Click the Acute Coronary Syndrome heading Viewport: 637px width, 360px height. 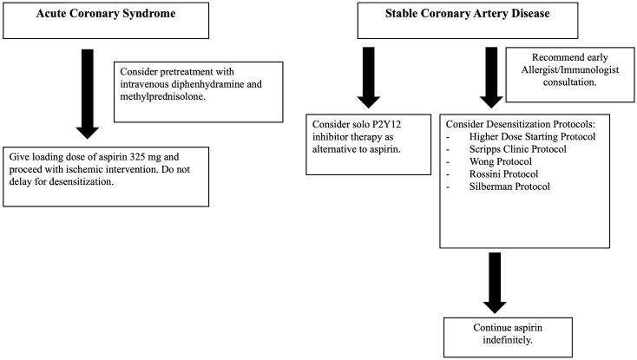106,13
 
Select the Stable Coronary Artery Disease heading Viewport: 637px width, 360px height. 467,13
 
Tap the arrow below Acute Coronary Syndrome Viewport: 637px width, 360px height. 88,95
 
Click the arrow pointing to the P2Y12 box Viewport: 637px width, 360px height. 369,77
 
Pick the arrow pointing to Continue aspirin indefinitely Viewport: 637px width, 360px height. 495,283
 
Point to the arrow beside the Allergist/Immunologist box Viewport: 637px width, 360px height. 491,77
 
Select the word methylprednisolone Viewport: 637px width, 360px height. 161,96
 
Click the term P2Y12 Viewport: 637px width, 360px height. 387,124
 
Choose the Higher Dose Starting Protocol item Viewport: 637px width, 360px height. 532,137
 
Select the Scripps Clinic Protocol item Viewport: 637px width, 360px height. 517,149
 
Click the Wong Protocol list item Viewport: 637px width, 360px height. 501,161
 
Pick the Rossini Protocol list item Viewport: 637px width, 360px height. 503,174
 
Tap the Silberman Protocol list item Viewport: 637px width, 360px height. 509,187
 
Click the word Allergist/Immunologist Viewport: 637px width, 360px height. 570,69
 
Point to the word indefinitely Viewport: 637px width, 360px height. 508,340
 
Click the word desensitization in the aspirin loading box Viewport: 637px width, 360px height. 82,181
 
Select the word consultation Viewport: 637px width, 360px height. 570,82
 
